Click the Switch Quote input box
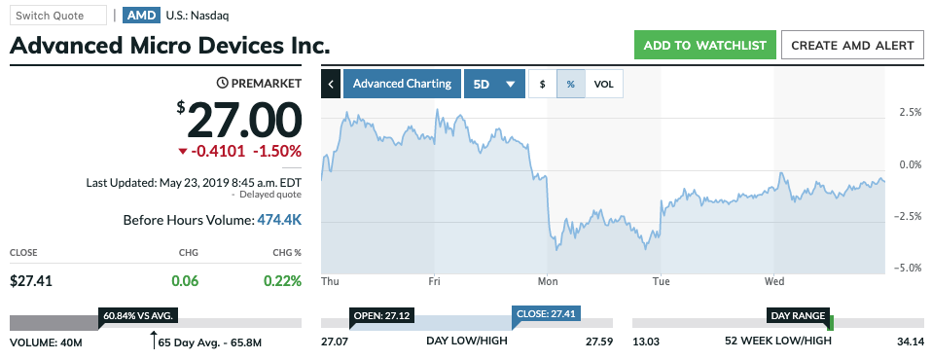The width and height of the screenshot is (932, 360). click(57, 16)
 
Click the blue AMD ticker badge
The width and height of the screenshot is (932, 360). click(142, 16)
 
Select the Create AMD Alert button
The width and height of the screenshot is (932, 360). click(852, 45)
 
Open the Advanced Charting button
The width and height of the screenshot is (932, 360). click(402, 84)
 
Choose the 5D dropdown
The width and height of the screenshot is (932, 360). click(494, 84)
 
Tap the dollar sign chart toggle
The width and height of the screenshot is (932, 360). click(542, 84)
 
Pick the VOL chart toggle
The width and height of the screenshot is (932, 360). click(604, 84)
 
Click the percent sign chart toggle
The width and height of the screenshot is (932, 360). click(571, 84)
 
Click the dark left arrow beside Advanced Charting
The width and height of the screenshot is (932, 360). click(331, 84)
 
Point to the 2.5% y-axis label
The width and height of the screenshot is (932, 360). click(910, 112)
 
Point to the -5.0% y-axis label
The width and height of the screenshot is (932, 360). click(908, 268)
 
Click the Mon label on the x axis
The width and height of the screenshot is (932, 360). click(548, 281)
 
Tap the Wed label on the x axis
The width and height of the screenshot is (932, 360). click(774, 281)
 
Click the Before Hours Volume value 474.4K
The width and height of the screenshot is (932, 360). click(279, 220)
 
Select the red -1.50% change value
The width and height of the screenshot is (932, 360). click(277, 152)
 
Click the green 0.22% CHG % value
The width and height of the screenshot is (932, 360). click(283, 281)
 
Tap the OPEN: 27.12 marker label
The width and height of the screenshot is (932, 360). click(380, 314)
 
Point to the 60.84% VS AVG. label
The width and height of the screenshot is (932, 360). click(138, 315)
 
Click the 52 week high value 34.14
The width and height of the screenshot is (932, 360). click(910, 342)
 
